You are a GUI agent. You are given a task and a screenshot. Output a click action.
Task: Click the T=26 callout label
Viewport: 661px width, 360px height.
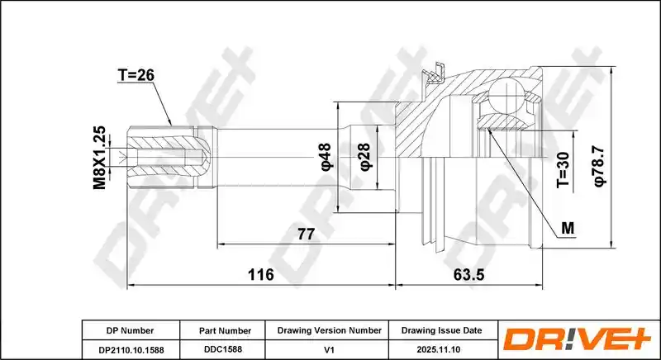click(x=136, y=74)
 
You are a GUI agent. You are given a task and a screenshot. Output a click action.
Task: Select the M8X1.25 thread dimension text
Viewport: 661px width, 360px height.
click(x=99, y=158)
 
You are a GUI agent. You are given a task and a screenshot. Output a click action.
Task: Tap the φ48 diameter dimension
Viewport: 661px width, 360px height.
click(x=326, y=157)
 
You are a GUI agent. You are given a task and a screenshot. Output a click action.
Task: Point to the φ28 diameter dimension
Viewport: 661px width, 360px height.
click(x=365, y=157)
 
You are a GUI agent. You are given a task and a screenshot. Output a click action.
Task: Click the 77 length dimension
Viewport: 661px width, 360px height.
click(x=306, y=234)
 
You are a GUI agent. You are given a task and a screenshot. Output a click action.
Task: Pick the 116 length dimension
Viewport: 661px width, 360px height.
click(x=260, y=274)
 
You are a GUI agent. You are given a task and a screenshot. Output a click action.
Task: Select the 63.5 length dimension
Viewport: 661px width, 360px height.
click(x=468, y=274)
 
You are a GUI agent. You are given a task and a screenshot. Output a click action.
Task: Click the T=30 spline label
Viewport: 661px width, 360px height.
click(x=564, y=170)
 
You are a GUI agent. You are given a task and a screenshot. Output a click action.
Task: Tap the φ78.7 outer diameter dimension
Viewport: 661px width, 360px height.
click(x=600, y=166)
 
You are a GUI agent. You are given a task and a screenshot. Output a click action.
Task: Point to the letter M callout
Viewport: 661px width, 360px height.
click(x=568, y=228)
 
